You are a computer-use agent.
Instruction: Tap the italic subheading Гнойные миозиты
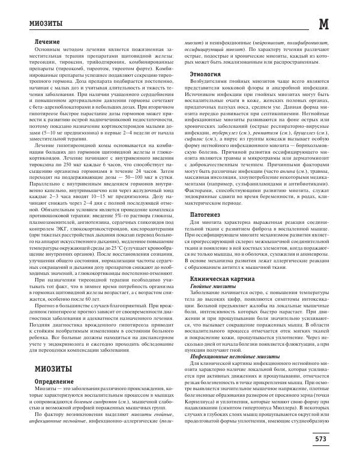coord(202,286)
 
